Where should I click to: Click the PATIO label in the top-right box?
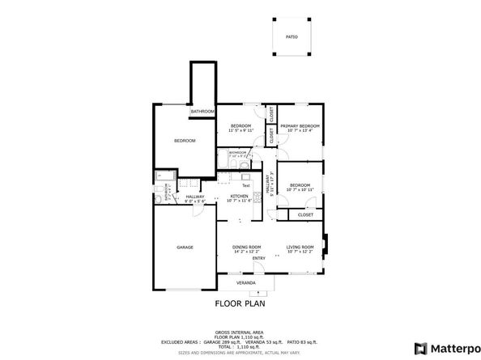[x=292, y=36]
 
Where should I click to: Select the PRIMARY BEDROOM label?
[x=300, y=127]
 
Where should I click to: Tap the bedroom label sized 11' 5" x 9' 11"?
[x=240, y=127]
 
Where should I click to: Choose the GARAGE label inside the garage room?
[x=185, y=247]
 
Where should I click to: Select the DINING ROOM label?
[x=246, y=248]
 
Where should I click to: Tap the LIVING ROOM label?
[x=300, y=248]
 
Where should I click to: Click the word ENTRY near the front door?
[x=258, y=258]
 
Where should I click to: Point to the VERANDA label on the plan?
[x=245, y=283]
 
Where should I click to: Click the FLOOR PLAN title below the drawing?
[x=240, y=304]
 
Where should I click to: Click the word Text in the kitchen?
[x=245, y=185]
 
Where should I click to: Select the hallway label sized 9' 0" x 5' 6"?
[x=195, y=198]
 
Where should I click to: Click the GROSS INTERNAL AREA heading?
[x=240, y=332]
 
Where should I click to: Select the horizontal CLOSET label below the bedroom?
[x=305, y=215]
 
